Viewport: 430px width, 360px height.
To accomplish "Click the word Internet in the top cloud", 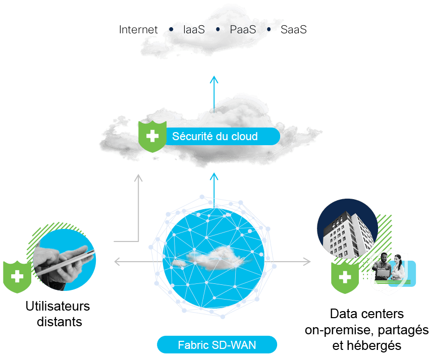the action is (138, 30).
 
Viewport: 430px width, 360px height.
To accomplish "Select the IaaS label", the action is (194, 30).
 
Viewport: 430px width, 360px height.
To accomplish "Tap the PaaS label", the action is (243, 30).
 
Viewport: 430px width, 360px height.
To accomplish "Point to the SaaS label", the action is (293, 30).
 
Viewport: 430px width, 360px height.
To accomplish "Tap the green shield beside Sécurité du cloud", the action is (152, 136).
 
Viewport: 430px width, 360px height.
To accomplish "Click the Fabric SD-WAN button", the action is (217, 345).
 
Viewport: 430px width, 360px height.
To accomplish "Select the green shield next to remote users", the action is (17, 277).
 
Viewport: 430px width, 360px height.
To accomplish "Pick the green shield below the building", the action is (345, 277).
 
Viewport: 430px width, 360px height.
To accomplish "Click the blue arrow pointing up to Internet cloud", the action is (214, 94).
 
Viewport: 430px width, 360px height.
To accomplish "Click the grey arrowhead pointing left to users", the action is (117, 262).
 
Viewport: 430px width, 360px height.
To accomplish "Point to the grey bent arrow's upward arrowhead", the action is (138, 178).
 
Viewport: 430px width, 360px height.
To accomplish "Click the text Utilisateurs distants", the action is (58, 314).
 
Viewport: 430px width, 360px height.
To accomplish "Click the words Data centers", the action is (366, 314).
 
